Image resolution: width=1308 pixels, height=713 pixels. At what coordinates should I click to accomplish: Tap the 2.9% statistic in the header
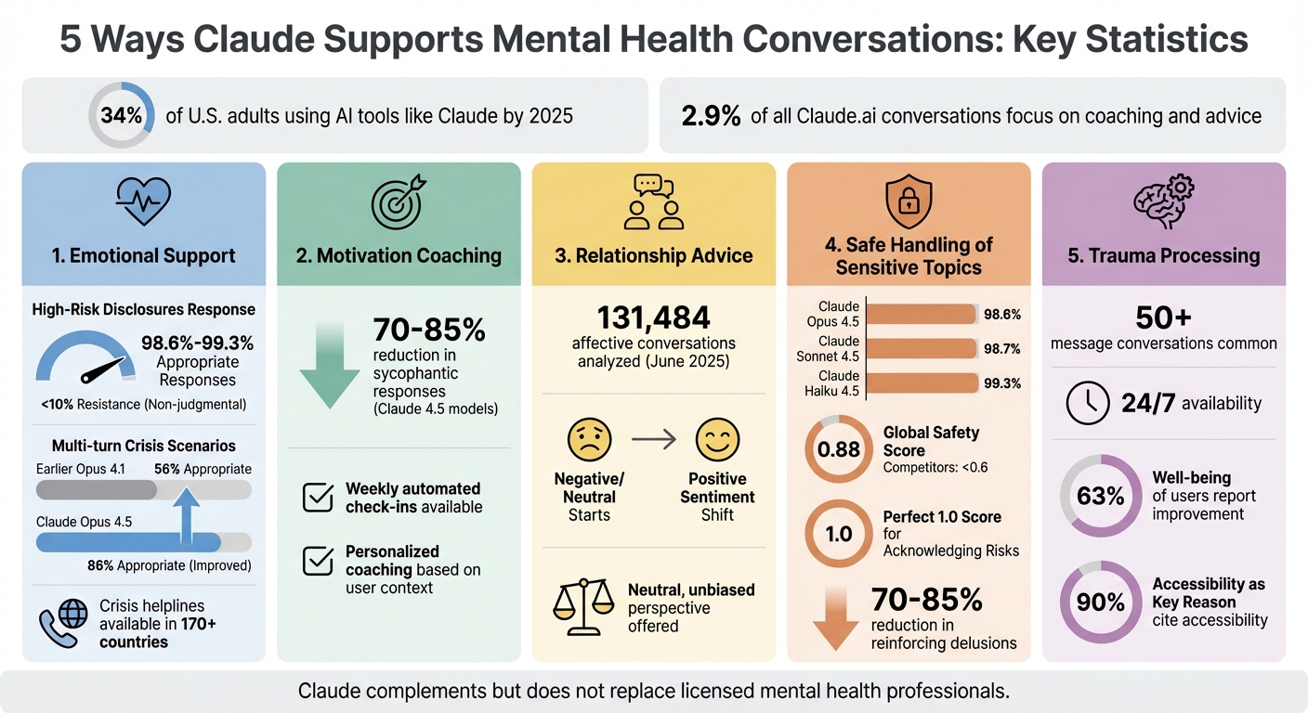click(711, 116)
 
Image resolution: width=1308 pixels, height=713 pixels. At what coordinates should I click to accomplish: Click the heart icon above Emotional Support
click(142, 201)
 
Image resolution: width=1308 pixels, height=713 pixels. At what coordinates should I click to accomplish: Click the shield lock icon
click(908, 200)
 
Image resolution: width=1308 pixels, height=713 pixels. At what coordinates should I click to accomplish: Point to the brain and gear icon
click(1163, 201)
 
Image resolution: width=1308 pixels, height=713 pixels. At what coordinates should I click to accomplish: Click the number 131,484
click(653, 318)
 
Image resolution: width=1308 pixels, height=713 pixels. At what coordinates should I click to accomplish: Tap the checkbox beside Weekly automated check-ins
click(319, 498)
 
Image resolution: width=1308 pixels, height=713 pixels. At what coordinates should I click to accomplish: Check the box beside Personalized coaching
click(319, 561)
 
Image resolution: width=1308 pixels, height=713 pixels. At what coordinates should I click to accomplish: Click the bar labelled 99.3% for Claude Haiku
click(922, 383)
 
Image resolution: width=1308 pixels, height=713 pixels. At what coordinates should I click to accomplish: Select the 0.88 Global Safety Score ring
click(838, 450)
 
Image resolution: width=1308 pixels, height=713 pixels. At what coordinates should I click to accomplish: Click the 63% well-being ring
click(1101, 497)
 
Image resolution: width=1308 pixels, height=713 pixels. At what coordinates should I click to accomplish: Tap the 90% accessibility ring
click(1101, 603)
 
